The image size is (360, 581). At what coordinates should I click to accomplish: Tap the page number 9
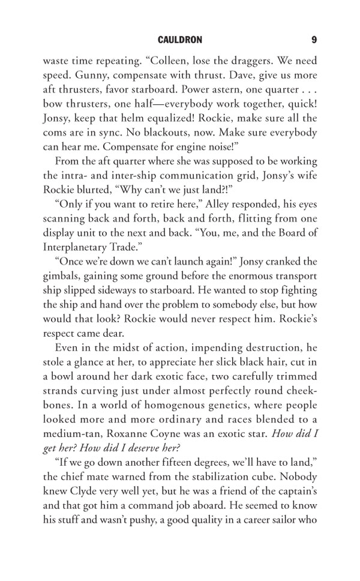coord(314,40)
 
